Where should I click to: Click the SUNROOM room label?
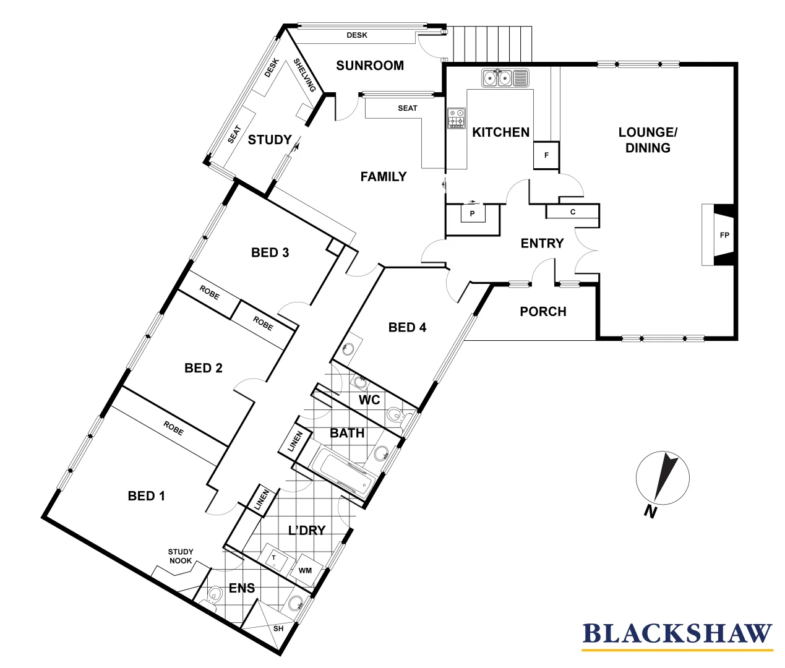coord(369,66)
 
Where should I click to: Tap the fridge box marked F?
coord(546,155)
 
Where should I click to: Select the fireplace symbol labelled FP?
coord(724,235)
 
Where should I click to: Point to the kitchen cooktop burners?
coord(457,118)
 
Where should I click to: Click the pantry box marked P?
coord(472,213)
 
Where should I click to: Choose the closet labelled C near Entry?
coord(573,212)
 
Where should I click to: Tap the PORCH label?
coord(543,312)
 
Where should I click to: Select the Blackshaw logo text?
coord(677,634)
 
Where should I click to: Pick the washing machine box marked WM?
coord(305,570)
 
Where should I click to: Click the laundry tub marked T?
coord(274,559)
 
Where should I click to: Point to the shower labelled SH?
coord(278,628)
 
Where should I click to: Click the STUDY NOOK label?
coord(181,556)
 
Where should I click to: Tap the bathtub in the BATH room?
coord(341,473)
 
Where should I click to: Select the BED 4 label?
coord(407,328)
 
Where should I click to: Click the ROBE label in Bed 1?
coord(173,428)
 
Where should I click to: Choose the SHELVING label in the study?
coord(304,75)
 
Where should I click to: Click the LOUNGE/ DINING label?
coord(648,140)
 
